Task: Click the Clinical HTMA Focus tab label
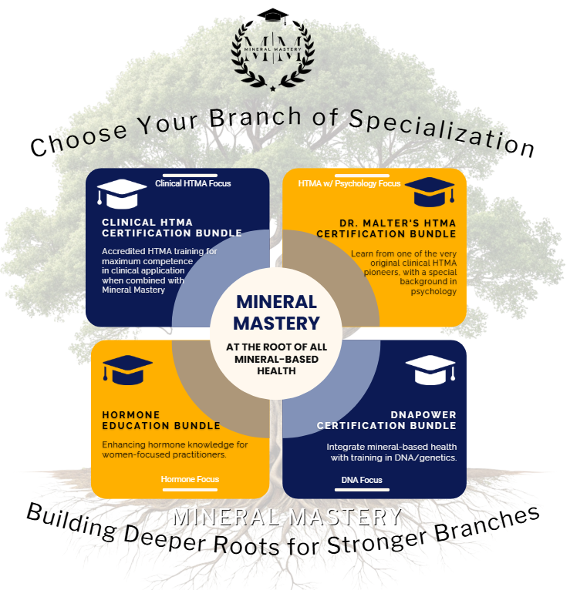(193, 183)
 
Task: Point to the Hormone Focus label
(190, 479)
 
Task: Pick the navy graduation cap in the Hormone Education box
(127, 370)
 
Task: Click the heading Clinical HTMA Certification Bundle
(172, 227)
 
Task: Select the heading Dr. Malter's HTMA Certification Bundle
(386, 229)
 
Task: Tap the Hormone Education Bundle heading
(161, 420)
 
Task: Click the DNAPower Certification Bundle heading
(386, 420)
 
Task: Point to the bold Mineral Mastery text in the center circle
(276, 312)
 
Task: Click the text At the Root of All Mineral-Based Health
(276, 359)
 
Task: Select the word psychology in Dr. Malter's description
(434, 291)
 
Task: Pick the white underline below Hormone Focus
(190, 489)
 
